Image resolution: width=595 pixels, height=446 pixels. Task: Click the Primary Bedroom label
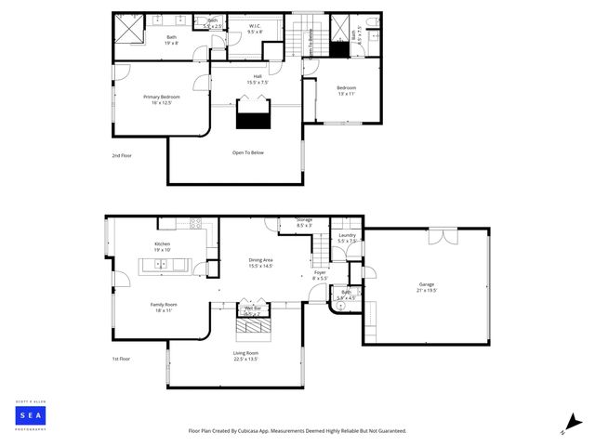(162, 99)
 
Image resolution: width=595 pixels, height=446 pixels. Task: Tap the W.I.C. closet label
(255, 29)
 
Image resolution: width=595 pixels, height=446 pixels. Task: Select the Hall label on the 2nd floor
(258, 80)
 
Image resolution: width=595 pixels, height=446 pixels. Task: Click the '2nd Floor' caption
(122, 155)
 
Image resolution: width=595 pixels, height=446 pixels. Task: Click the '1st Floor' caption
(122, 359)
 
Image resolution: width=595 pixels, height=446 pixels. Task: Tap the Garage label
(426, 287)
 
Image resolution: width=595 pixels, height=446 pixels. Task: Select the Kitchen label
(163, 246)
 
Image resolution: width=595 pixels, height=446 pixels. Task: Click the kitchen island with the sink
(164, 265)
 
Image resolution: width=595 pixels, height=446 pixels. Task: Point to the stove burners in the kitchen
(195, 223)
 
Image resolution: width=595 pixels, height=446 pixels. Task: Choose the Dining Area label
(260, 263)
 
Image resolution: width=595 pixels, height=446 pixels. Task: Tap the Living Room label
(245, 356)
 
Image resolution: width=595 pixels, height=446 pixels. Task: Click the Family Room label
(165, 307)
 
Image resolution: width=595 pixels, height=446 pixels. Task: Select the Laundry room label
(347, 238)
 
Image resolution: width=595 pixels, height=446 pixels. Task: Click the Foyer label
(319, 275)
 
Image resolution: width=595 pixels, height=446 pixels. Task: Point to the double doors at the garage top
(443, 236)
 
